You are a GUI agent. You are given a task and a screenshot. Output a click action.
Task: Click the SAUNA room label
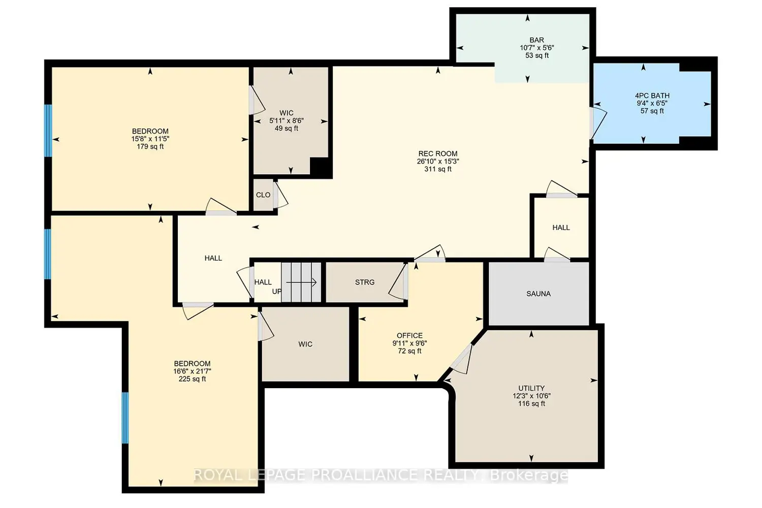point(538,294)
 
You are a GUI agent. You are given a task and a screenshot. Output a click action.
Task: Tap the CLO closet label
point(263,195)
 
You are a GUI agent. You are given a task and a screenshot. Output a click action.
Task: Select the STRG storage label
point(365,282)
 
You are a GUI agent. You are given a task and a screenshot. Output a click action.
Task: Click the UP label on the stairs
point(276,292)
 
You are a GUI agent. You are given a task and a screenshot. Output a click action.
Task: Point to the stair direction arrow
point(301,282)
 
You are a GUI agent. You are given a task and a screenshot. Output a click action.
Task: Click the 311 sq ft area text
point(438,169)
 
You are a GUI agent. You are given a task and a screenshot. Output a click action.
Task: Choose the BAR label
point(537,40)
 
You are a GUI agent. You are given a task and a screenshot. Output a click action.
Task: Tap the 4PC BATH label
point(652,96)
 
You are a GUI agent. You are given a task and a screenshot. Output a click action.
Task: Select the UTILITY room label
point(531,388)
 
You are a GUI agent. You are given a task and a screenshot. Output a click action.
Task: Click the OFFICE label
point(409,335)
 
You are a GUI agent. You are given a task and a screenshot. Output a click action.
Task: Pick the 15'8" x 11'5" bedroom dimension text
point(150,139)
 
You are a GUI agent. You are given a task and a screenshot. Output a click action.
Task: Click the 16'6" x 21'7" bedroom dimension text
point(192,371)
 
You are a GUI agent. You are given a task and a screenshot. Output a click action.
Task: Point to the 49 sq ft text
point(287,129)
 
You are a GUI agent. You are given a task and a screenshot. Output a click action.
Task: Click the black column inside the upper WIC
point(321,168)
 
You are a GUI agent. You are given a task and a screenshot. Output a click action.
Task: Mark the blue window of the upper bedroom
point(49,131)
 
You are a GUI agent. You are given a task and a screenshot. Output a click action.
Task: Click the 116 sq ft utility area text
point(531,403)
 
